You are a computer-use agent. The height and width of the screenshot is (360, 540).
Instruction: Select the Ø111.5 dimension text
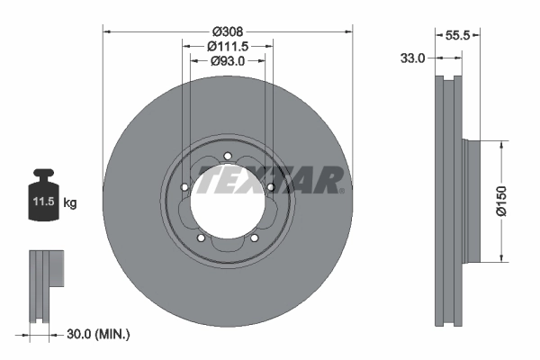pos(229,46)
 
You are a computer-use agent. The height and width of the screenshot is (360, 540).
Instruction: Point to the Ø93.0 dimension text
pos(229,61)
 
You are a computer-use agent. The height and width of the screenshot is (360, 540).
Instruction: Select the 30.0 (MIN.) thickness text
pos(98,335)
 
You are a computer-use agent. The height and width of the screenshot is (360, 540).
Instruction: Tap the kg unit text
pos(70,203)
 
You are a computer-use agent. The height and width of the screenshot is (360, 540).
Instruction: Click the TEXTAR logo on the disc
pos(270,181)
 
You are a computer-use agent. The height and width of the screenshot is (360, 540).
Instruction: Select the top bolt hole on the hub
pos(228,157)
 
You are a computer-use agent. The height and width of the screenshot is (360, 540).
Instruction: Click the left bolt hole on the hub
pos(184,187)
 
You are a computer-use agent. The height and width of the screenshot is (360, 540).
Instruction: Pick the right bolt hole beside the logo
pos(270,187)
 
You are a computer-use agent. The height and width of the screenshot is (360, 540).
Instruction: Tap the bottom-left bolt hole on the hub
pos(201,238)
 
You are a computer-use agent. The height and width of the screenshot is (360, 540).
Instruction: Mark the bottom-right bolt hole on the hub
pos(254,238)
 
